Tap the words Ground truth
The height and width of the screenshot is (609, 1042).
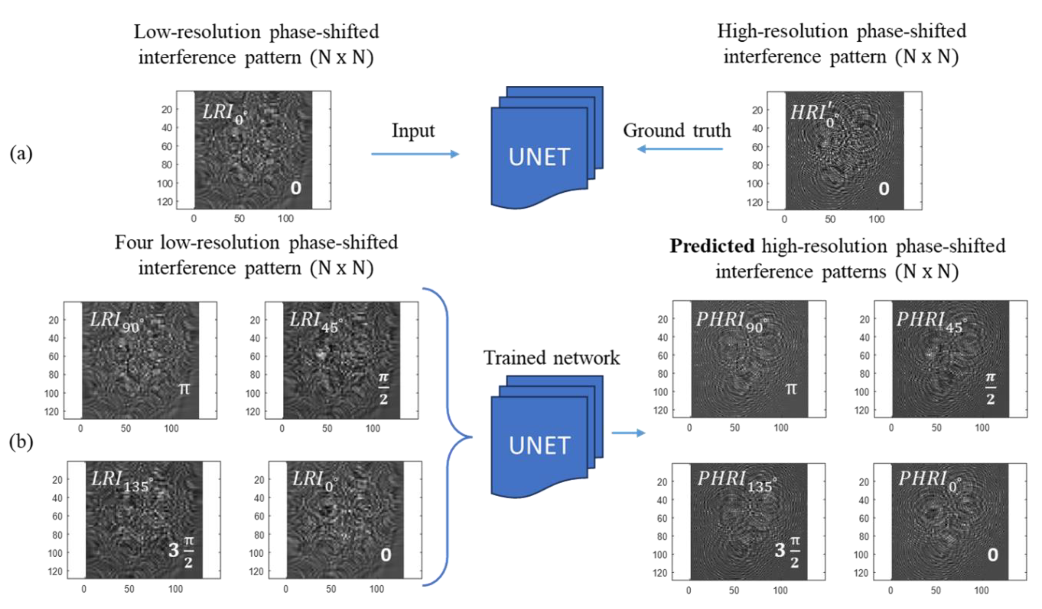677,131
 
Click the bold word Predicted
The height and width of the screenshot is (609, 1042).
712,246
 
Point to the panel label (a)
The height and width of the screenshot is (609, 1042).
21,154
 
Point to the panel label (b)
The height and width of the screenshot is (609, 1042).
21,442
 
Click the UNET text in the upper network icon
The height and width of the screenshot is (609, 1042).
540,158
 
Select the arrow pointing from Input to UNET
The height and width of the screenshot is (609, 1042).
415,154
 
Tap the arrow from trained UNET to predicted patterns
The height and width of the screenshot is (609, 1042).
628,433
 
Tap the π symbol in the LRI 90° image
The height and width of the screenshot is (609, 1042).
184,389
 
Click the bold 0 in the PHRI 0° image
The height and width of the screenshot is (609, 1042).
992,555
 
